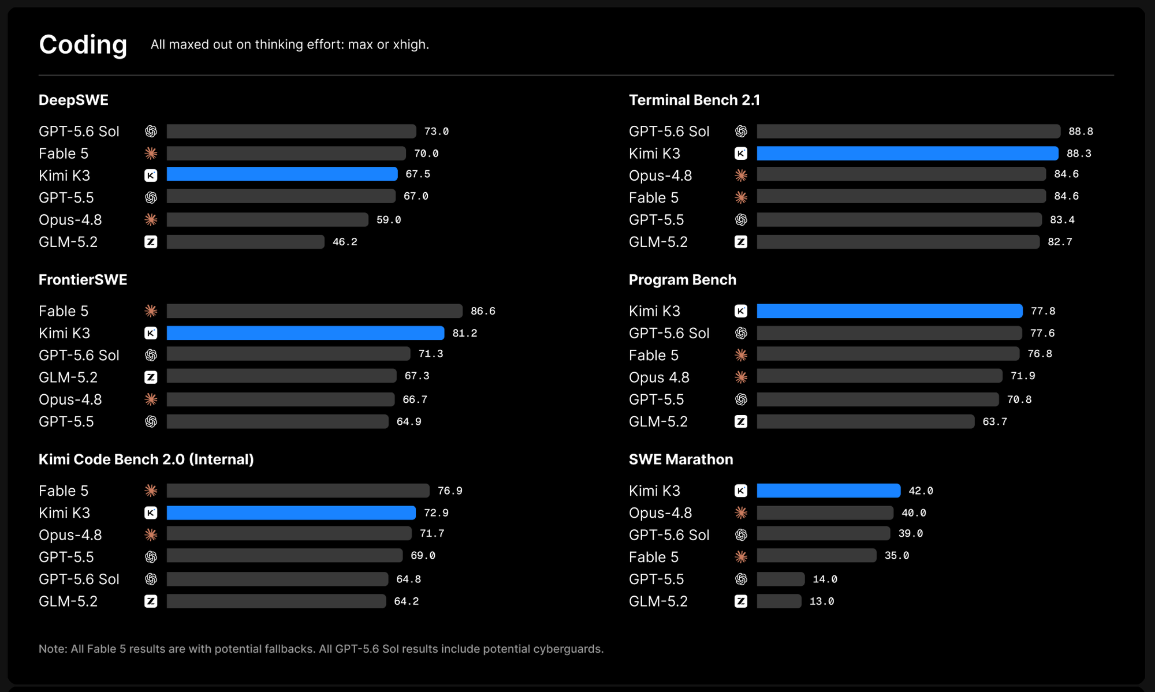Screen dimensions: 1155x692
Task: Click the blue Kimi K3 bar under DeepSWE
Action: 282,174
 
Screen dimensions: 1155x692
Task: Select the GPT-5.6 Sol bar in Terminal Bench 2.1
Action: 908,131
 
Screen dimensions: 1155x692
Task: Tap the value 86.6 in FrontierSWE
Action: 483,311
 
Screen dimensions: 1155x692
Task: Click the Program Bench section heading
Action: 682,280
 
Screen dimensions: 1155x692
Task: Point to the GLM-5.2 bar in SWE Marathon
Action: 779,601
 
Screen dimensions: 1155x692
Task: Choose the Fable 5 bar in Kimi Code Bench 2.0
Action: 298,491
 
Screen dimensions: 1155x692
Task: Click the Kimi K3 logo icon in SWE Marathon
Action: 741,491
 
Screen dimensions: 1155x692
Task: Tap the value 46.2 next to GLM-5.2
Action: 345,242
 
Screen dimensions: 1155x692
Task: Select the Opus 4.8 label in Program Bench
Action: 659,377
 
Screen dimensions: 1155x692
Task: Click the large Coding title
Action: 83,45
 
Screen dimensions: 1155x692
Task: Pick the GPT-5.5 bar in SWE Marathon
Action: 781,579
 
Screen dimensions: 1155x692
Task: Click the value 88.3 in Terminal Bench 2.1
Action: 1079,154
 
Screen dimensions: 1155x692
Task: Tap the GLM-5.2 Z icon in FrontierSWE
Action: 151,377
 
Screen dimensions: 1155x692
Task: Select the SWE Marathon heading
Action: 681,459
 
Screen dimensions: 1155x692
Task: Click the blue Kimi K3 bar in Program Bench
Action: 889,311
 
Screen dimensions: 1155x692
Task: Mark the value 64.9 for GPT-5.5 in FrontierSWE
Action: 409,422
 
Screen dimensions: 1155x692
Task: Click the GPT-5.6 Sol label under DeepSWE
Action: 79,132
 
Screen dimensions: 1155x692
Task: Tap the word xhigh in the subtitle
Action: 410,45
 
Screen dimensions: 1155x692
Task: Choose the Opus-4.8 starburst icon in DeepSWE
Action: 151,220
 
